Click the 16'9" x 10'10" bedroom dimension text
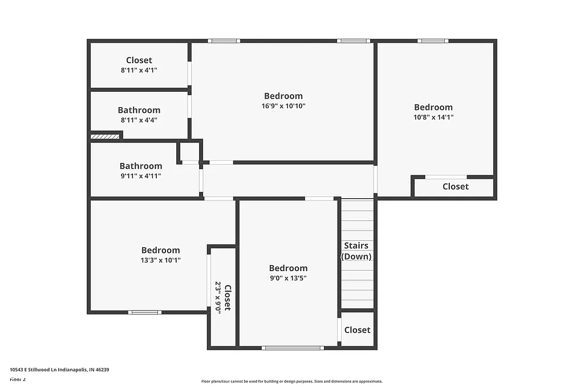pos(283,106)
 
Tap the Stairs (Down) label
pos(356,251)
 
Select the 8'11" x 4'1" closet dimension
pos(139,70)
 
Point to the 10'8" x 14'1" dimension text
pos(433,117)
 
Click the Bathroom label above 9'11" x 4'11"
pos(141,166)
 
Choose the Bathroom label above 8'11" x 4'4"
pos(139,110)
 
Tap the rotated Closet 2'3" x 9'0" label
pos(223,297)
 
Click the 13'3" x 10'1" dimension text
pos(161,260)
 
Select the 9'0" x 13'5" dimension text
pos(288,279)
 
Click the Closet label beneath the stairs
pos(357,330)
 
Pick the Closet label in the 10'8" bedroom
pos(456,186)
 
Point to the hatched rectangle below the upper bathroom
pos(105,136)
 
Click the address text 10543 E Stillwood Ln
pos(59,370)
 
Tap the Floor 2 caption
pos(18,379)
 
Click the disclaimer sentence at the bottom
pos(291,382)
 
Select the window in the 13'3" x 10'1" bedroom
pos(144,312)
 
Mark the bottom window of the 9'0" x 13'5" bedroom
pos(293,347)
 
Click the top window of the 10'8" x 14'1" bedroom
pos(432,41)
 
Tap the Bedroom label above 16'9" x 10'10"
pos(283,96)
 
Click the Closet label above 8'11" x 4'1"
pos(139,60)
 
